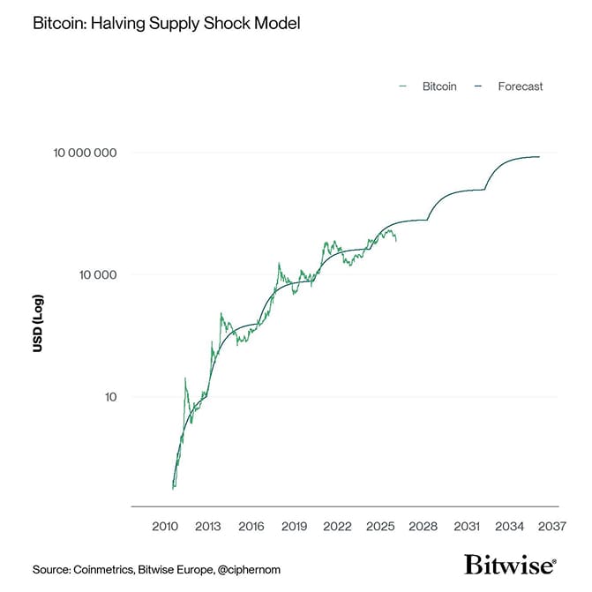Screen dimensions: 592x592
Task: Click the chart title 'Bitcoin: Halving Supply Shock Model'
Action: click(166, 24)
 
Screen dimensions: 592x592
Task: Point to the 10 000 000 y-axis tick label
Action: click(86, 153)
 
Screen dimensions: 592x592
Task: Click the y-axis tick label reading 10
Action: click(109, 397)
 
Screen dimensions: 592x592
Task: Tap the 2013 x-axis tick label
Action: click(207, 527)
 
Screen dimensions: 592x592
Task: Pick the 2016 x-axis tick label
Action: click(251, 527)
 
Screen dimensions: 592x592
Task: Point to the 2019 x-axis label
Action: click(294, 527)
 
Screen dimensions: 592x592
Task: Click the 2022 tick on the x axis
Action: click(337, 527)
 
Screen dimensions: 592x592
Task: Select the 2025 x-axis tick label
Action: click(380, 527)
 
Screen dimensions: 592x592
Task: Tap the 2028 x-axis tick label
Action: click(423, 527)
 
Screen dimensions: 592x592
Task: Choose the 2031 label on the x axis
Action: click(467, 527)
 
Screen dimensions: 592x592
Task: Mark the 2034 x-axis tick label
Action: click(510, 527)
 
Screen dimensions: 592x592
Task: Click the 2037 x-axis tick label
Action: click(552, 527)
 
